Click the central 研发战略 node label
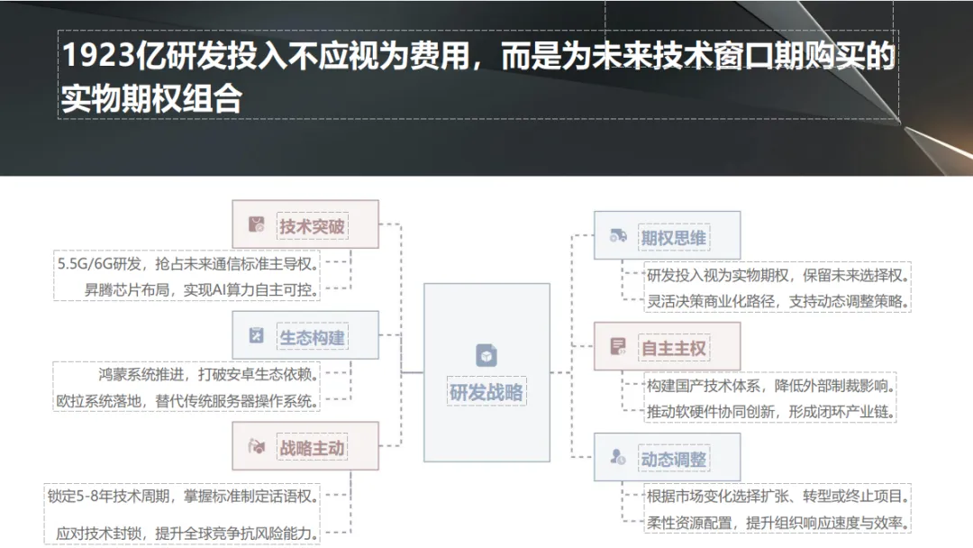pyautogui.click(x=486, y=393)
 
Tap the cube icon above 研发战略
pyautogui.click(x=486, y=355)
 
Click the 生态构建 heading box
pyautogui.click(x=305, y=336)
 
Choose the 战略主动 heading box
pyautogui.click(x=305, y=447)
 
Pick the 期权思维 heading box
pyautogui.click(x=667, y=237)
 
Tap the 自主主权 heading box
pyautogui.click(x=667, y=347)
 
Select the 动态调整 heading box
pyautogui.click(x=667, y=458)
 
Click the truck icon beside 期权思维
pyautogui.click(x=618, y=236)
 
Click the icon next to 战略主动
pyautogui.click(x=257, y=447)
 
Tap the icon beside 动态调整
pyautogui.click(x=618, y=458)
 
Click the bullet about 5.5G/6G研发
pyautogui.click(x=187, y=263)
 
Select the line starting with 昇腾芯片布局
pyautogui.click(x=190, y=289)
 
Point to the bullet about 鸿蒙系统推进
pyautogui.click(x=208, y=374)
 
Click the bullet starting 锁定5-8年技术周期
pyautogui.click(x=183, y=495)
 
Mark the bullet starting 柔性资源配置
pyautogui.click(x=776, y=523)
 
